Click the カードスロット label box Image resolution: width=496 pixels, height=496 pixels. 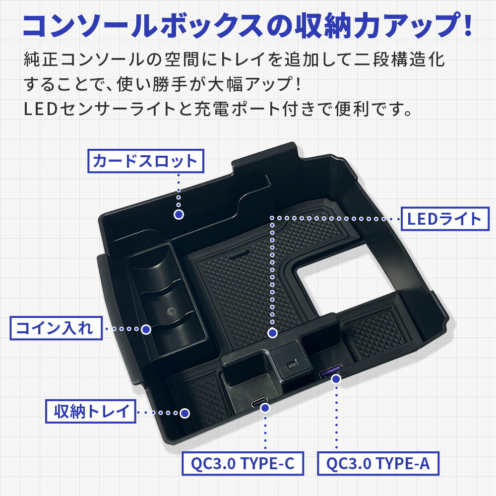tap(145, 161)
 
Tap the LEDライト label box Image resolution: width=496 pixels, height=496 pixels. tap(445, 219)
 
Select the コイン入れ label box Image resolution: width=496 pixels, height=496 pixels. tap(56, 328)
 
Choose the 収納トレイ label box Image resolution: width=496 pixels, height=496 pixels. tap(91, 411)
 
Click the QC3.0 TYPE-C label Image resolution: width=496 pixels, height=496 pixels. tap(243, 463)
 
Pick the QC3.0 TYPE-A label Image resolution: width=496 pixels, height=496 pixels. tap(378, 463)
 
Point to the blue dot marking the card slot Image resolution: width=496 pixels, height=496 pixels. tap(179, 214)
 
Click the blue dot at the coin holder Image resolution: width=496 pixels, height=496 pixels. tap(146, 329)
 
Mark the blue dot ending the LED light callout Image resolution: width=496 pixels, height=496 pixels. tap(272, 333)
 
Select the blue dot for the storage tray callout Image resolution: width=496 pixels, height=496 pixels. tap(185, 413)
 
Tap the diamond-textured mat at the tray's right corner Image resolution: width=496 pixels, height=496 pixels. tap(376, 329)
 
